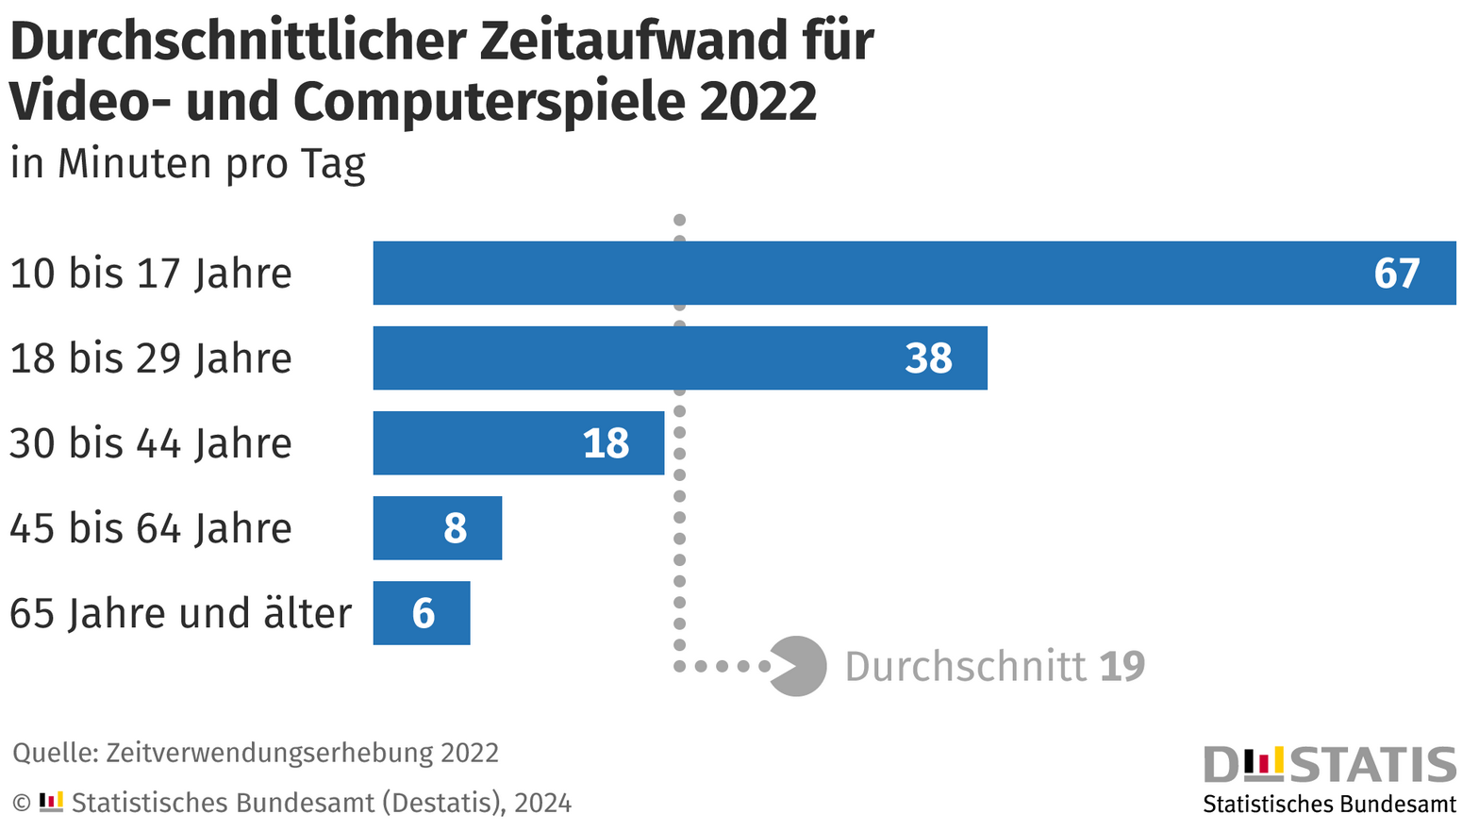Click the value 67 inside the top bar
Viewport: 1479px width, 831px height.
coord(1396,274)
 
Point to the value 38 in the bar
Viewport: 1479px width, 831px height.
coord(928,358)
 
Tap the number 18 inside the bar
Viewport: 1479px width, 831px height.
coord(606,443)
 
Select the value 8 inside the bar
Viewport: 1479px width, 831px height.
coord(456,528)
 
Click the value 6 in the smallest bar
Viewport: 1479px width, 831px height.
coord(424,614)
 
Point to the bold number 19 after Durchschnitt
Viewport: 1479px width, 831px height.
coord(1122,667)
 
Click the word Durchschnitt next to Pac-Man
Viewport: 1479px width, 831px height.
coord(965,667)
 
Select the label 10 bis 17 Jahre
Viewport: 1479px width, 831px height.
coord(151,274)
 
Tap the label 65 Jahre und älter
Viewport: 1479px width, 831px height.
coord(180,613)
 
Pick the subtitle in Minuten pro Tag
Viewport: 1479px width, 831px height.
coord(188,163)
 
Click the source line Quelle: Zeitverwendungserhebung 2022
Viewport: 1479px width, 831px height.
coord(256,753)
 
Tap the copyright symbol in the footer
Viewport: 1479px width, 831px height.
coord(21,803)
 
